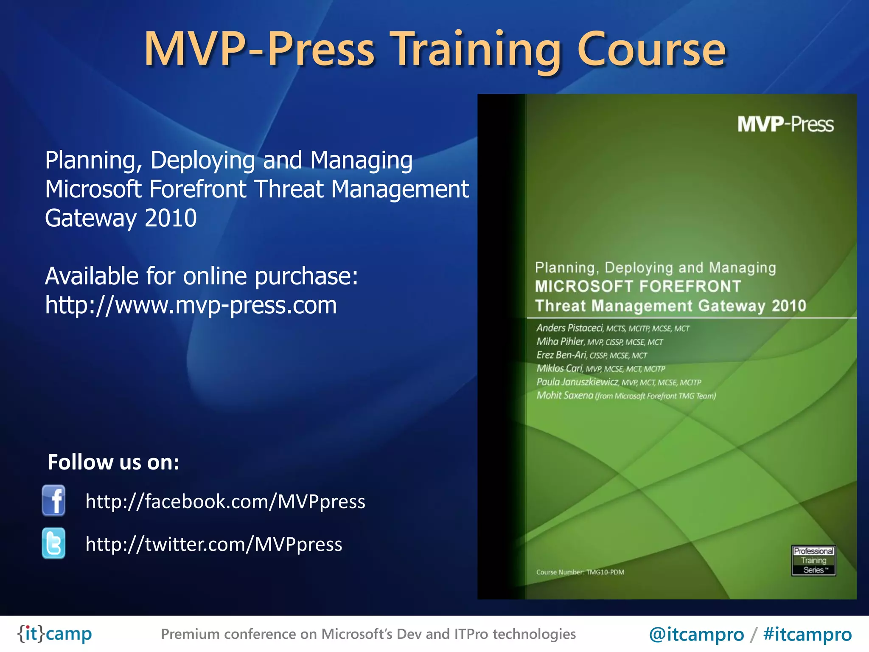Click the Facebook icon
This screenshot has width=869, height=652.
(54, 500)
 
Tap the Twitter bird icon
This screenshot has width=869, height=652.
(54, 543)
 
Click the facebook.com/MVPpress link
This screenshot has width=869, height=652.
(225, 501)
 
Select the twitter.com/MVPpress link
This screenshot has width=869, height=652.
(214, 544)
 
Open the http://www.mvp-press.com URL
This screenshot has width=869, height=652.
(191, 305)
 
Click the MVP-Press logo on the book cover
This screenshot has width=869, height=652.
(785, 124)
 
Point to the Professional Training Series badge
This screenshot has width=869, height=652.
(813, 560)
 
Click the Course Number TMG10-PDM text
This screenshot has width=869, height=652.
(580, 572)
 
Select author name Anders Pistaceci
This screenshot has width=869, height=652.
(569, 328)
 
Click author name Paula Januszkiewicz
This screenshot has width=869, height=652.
(577, 382)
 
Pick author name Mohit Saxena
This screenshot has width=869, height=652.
(565, 396)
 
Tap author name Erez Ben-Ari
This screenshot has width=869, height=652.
(561, 355)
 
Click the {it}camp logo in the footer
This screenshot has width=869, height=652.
(54, 634)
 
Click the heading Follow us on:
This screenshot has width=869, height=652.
(113, 462)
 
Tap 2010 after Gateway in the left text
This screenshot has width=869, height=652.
(171, 218)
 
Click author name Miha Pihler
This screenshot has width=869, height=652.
(560, 342)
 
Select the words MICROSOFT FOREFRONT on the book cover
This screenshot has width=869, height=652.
(638, 287)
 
